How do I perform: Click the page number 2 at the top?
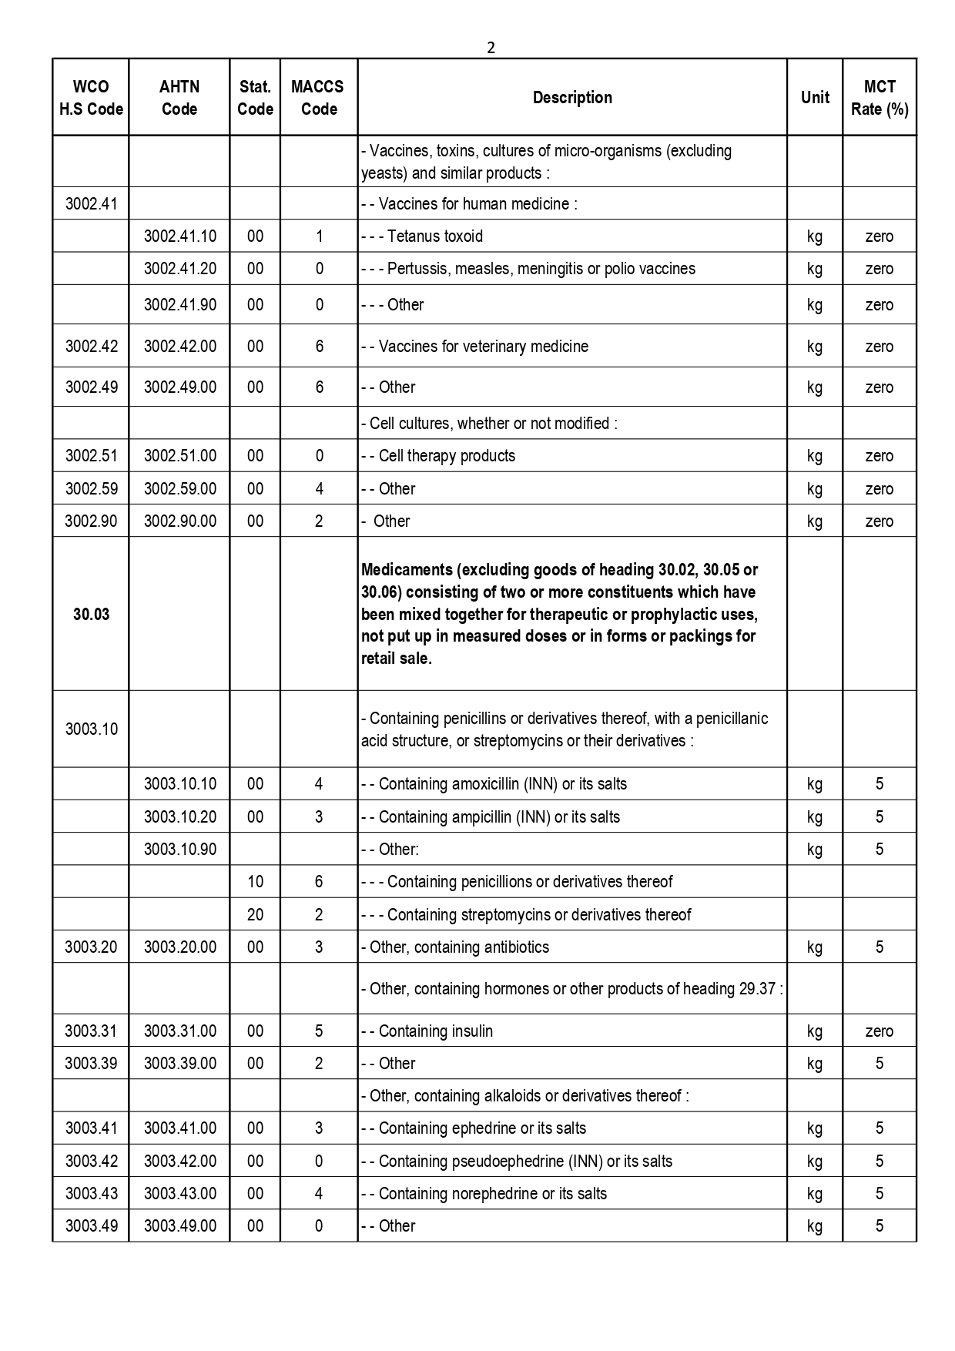pos(491,48)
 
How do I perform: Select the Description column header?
pos(572,98)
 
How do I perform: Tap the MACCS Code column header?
pos(318,98)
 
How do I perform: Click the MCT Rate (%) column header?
pos(879,98)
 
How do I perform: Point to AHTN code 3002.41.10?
pos(179,236)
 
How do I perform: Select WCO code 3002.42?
pos(91,347)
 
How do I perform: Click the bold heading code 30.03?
pos(91,615)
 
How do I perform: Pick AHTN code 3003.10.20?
pos(179,817)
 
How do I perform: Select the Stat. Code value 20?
pos(255,915)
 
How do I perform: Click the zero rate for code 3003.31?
pos(879,1031)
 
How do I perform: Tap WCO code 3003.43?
pos(91,1194)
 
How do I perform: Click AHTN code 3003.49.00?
pos(179,1226)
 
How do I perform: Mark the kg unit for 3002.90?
pos(814,521)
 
